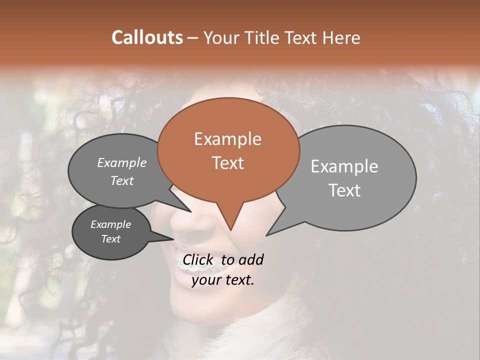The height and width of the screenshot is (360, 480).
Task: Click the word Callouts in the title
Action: tap(147, 37)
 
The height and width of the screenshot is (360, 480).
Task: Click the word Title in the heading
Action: tap(263, 38)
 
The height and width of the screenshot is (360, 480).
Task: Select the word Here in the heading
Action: tap(342, 38)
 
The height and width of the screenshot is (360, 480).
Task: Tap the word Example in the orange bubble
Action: tap(227, 139)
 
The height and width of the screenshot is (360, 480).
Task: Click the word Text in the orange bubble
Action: tap(228, 163)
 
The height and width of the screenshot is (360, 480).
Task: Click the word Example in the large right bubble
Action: tap(344, 166)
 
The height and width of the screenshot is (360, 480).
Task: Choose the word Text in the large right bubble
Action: tap(344, 190)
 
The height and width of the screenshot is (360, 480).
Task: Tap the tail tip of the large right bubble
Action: tap(266, 235)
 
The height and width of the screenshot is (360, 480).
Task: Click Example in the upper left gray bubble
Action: tap(122, 162)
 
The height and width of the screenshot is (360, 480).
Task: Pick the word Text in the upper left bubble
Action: tap(122, 181)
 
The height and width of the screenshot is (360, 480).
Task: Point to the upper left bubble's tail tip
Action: tap(191, 211)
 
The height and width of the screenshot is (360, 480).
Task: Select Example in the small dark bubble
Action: tap(111, 224)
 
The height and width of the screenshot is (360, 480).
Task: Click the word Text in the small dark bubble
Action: tap(111, 239)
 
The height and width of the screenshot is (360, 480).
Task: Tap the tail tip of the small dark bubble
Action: tap(173, 238)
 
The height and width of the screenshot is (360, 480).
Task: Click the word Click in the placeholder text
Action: tap(198, 259)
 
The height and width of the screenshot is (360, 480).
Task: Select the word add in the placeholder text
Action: tap(250, 259)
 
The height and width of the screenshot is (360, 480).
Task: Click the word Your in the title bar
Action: tap(220, 38)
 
